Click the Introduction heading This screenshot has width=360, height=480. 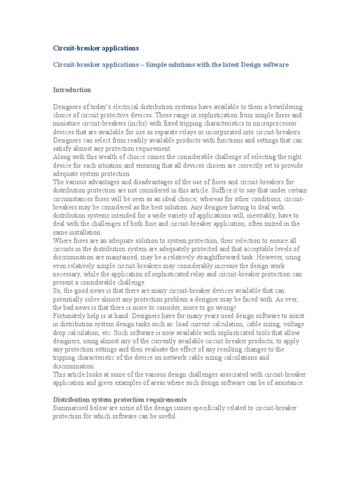coord(72,90)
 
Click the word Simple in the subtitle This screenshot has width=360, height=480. coord(157,64)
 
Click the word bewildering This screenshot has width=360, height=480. coord(284,107)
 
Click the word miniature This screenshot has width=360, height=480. coord(68,124)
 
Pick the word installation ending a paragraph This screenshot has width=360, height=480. coord(83,232)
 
